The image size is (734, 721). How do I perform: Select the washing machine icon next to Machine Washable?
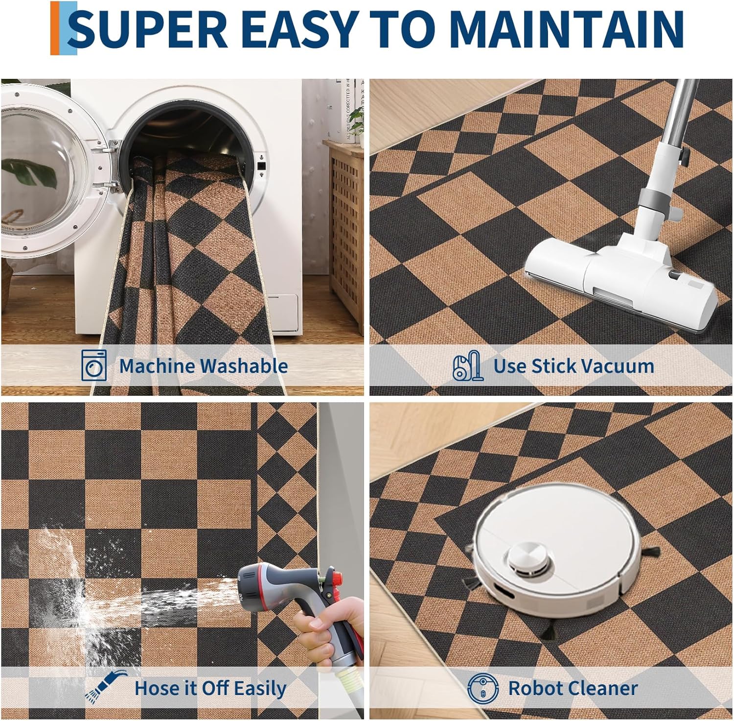(x=94, y=365)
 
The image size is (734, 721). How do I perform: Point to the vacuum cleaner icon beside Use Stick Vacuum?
(x=467, y=365)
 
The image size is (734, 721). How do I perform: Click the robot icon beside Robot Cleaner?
(x=482, y=688)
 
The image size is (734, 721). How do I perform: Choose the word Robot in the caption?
(x=536, y=688)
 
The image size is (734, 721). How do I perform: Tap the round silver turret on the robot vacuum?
(x=528, y=559)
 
